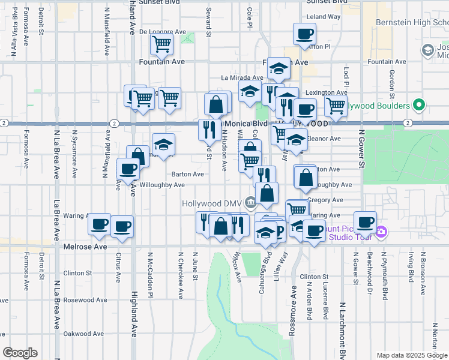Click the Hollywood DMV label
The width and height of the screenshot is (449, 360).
[213, 203]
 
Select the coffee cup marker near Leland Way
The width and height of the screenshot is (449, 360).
[304, 34]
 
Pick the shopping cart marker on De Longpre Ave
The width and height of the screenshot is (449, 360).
[161, 44]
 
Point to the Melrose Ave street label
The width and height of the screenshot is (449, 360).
[85, 247]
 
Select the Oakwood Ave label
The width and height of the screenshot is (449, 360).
[85, 334]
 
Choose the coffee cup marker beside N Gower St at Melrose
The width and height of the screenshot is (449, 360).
[365, 222]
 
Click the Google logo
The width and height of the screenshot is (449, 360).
[20, 352]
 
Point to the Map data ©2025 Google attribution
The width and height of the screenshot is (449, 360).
[412, 355]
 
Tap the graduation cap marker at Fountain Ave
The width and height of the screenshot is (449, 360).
[279, 68]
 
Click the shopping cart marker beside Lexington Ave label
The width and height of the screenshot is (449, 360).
[336, 106]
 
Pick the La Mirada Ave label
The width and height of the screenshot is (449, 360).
[242, 77]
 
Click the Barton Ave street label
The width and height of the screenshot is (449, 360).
[188, 174]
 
